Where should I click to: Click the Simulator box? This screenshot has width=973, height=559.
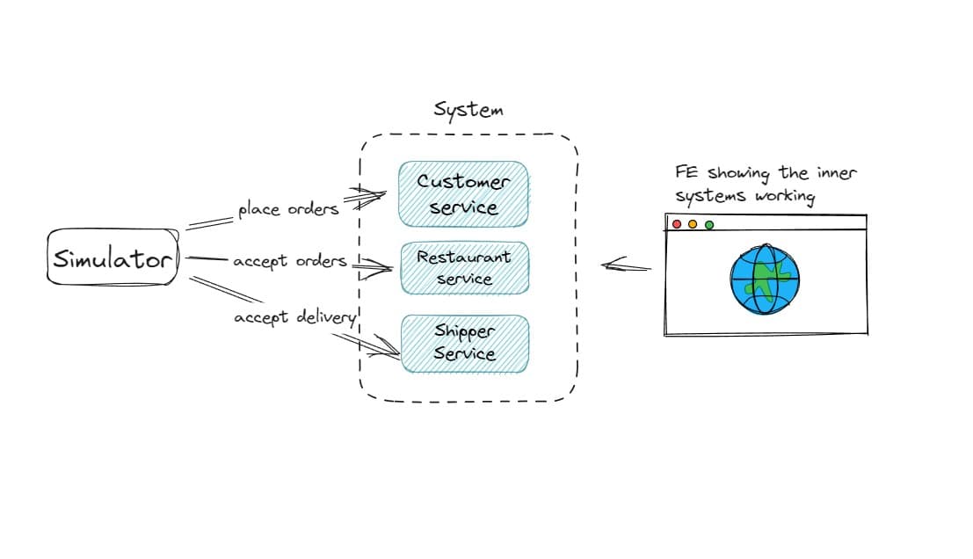(x=113, y=258)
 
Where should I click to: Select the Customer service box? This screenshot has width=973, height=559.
(x=463, y=194)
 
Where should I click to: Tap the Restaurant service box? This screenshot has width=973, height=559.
(x=464, y=267)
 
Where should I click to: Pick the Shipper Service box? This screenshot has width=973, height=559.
(x=465, y=343)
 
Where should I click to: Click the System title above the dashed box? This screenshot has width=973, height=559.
(x=468, y=110)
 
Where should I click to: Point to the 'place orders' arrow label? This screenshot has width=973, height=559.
(x=288, y=210)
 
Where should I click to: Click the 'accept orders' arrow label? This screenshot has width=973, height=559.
(x=290, y=262)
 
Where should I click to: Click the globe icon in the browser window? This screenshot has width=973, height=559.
(x=766, y=277)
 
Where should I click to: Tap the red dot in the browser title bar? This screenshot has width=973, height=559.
(x=677, y=224)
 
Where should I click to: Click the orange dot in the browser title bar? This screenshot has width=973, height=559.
(x=693, y=224)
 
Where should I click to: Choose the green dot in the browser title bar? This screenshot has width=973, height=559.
(x=709, y=224)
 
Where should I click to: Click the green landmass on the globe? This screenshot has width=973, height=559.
(x=770, y=280)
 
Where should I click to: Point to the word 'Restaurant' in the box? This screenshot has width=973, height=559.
(x=463, y=258)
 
